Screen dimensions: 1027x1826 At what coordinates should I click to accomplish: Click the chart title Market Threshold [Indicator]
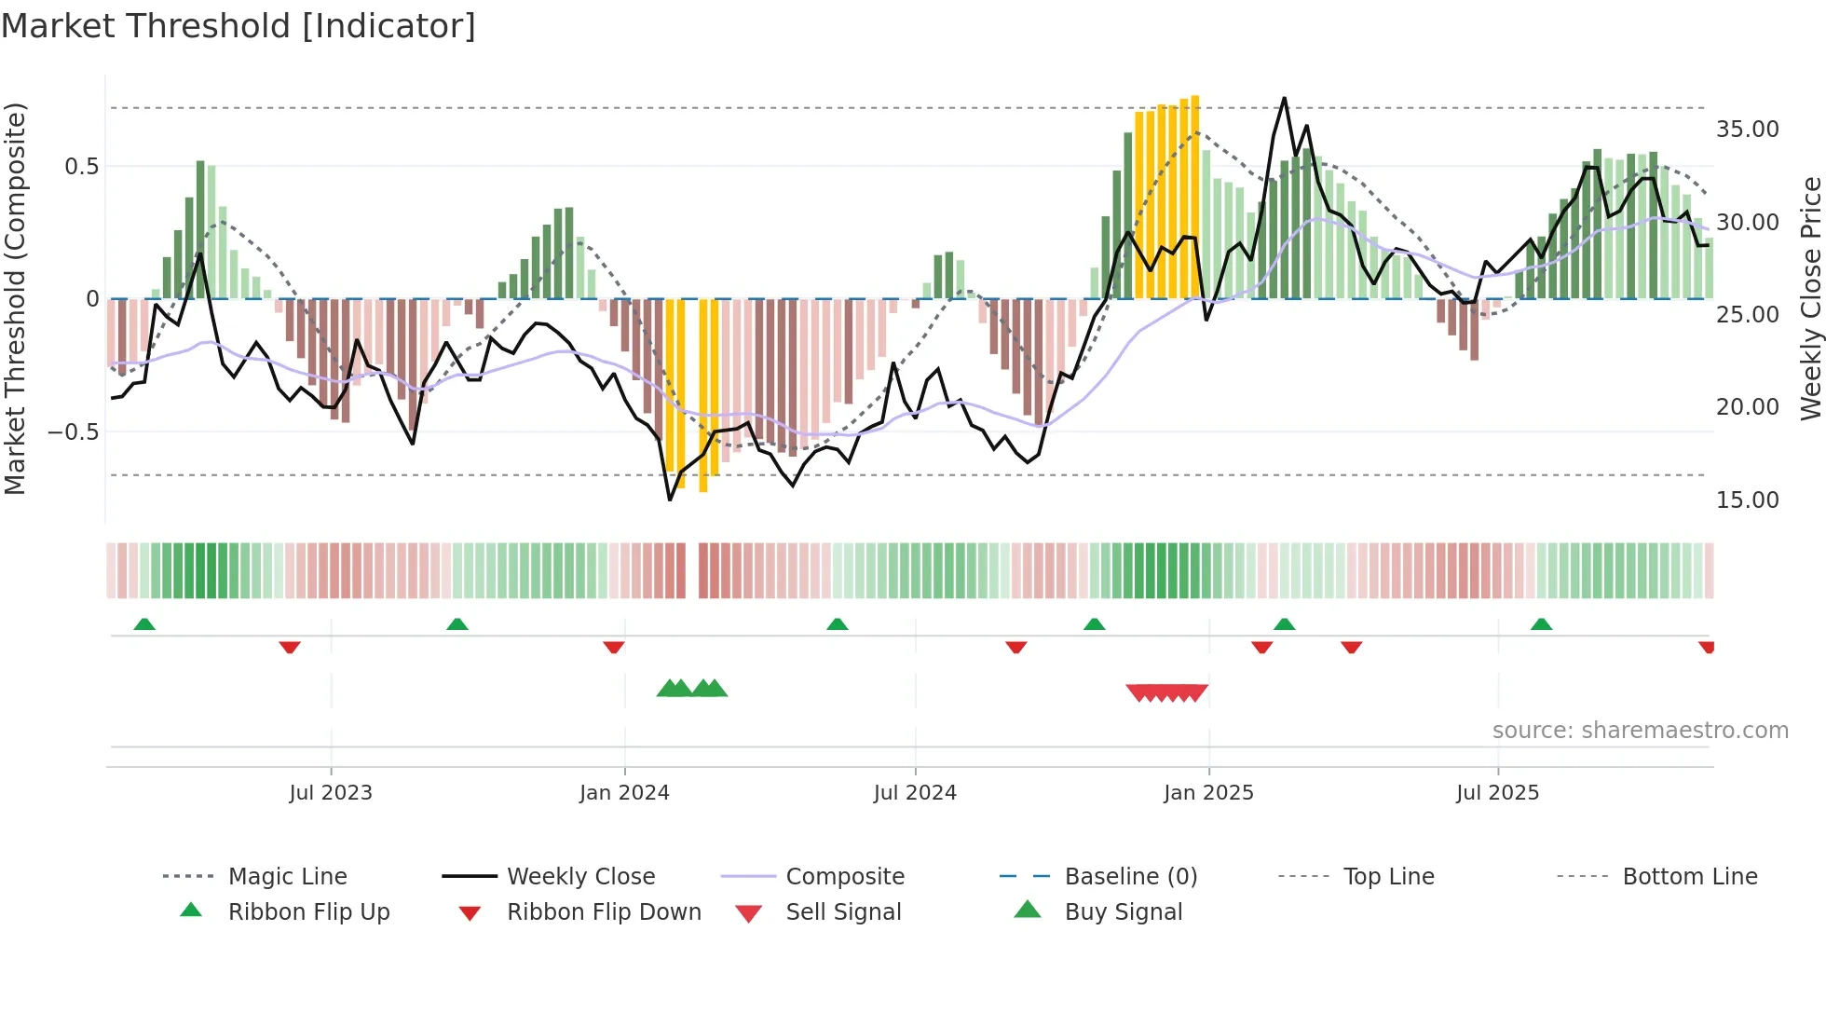pyautogui.click(x=238, y=26)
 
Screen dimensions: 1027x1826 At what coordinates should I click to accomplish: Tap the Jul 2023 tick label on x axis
pyautogui.click(x=330, y=792)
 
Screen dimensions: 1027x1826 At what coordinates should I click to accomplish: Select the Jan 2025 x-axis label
pyautogui.click(x=1208, y=792)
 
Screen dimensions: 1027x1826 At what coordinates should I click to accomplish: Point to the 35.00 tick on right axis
pyautogui.click(x=1747, y=129)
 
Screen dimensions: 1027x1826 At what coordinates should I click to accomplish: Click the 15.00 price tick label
pyautogui.click(x=1747, y=500)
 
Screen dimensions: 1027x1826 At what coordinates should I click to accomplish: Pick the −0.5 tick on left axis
pyautogui.click(x=73, y=431)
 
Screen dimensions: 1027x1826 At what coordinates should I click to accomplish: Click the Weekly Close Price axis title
pyautogui.click(x=1809, y=298)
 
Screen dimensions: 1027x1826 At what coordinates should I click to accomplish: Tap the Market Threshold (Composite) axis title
pyautogui.click(x=15, y=298)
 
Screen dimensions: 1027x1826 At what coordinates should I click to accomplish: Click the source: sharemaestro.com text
pyautogui.click(x=1640, y=730)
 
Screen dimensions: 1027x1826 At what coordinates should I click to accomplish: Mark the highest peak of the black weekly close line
pyautogui.click(x=1285, y=98)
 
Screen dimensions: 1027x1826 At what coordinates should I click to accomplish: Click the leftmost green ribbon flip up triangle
pyautogui.click(x=144, y=624)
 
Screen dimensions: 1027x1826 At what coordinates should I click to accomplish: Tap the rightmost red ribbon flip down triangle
pyautogui.click(x=1707, y=647)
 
